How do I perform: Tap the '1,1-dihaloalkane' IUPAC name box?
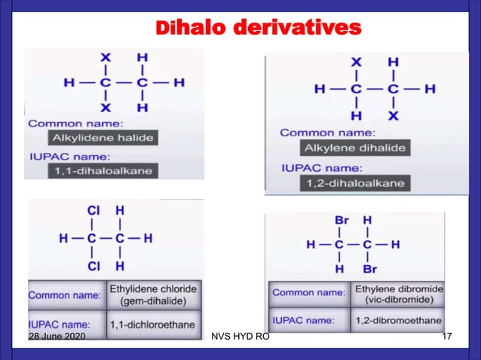point(103,171)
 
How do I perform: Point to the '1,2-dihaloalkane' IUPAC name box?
point(355,183)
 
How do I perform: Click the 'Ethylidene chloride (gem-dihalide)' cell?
point(153,294)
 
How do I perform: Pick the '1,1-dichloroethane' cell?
point(153,325)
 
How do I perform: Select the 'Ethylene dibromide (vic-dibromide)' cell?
point(398,294)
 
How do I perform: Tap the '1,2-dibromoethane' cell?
point(398,321)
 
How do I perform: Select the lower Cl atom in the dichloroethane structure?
point(94,266)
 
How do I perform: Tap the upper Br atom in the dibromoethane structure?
point(342,220)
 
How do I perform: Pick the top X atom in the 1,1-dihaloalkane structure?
point(106,56)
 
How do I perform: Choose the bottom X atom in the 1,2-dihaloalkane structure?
point(393,115)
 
